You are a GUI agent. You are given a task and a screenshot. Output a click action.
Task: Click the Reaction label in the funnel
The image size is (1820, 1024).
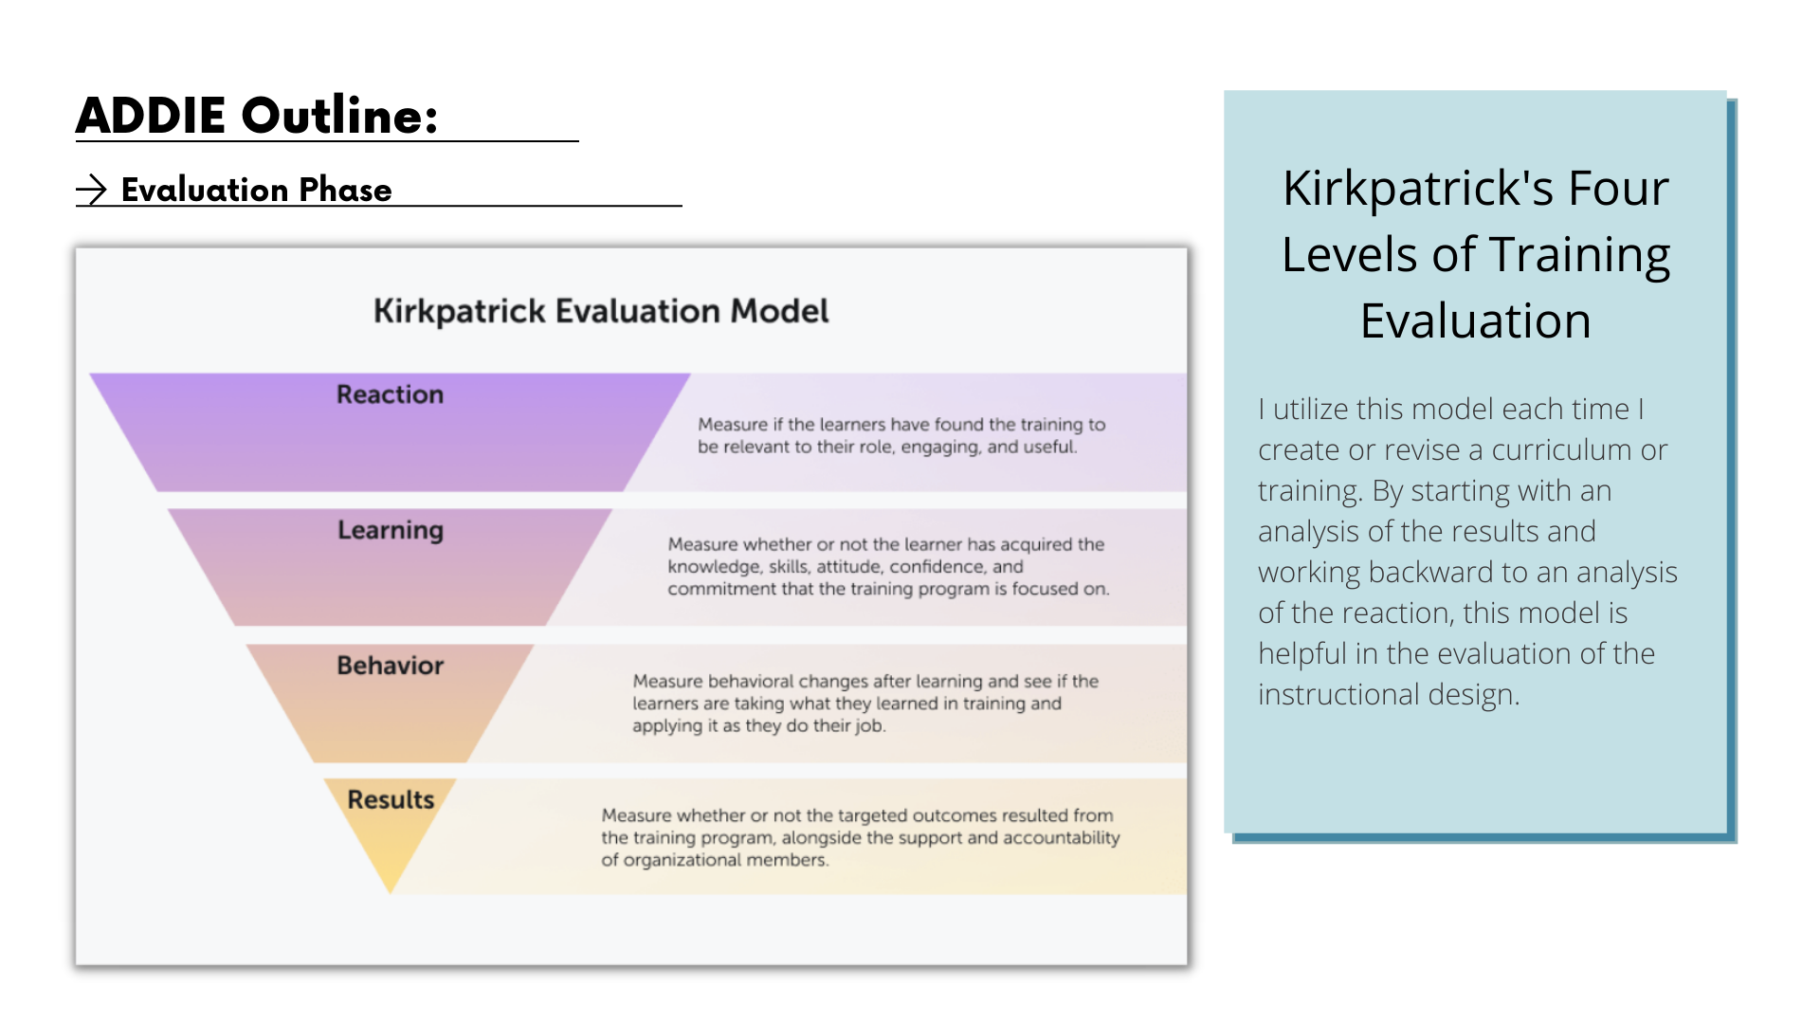tap(390, 394)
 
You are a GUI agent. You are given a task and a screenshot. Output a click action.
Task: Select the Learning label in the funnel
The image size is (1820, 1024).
tap(391, 530)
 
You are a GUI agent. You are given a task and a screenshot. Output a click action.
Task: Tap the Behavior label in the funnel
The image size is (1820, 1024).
tap(390, 666)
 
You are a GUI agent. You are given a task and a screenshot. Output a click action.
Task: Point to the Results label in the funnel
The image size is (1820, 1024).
tap(391, 800)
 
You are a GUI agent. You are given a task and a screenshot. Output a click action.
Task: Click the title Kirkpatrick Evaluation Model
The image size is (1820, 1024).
tap(601, 311)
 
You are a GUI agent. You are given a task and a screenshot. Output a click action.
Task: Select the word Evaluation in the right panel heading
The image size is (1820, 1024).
tap(1475, 320)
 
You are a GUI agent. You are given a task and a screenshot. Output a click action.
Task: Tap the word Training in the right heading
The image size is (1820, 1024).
tap(1579, 254)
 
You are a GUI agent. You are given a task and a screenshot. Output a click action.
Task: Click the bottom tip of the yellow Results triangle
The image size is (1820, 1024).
tap(390, 889)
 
